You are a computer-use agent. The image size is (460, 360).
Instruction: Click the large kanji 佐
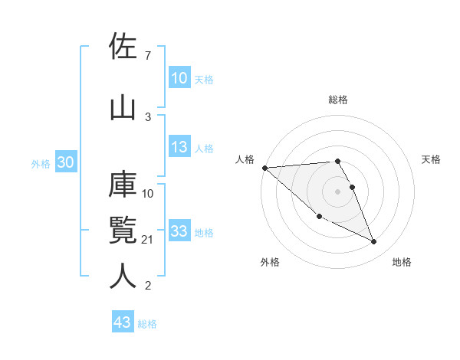[x=123, y=47]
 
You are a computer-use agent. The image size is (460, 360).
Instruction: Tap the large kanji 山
[x=123, y=106]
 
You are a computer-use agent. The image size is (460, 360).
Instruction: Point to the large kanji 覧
[x=123, y=231]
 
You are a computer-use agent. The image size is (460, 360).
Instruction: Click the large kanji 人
[x=123, y=275]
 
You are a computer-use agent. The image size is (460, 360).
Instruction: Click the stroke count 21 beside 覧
[x=149, y=241]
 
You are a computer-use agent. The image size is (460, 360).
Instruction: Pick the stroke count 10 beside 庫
[x=149, y=193]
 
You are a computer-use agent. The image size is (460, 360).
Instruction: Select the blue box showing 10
[x=179, y=78]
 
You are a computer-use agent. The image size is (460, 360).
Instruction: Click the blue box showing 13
[x=179, y=148]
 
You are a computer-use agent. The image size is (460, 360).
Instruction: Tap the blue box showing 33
[x=179, y=231]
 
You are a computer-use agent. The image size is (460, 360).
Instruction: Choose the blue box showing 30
[x=65, y=162]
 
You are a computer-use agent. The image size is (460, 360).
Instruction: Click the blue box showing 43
[x=122, y=322]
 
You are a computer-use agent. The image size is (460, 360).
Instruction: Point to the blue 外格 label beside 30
[x=41, y=163]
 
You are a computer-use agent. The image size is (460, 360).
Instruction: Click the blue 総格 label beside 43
[x=147, y=324]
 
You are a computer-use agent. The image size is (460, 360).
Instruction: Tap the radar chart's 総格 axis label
[x=337, y=100]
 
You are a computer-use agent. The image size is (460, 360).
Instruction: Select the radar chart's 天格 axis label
[x=432, y=159]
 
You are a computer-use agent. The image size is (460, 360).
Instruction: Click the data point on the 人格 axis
[x=264, y=168]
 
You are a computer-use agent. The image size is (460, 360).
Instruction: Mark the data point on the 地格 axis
[x=374, y=242]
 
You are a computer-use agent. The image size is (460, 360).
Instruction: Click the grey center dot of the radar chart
[x=337, y=191]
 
